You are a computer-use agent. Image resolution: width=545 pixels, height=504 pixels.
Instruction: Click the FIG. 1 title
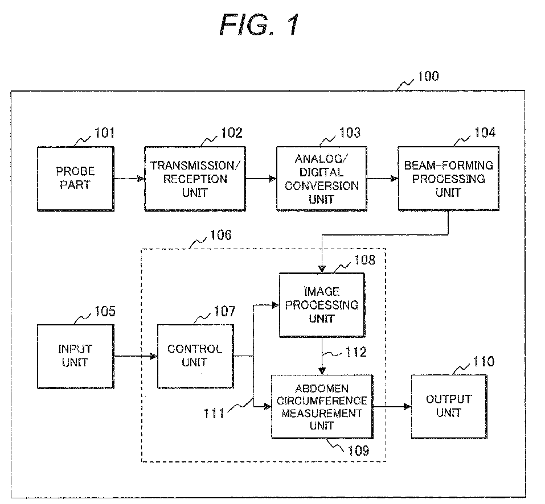click(259, 24)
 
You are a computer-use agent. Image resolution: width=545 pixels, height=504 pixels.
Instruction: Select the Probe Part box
click(75, 179)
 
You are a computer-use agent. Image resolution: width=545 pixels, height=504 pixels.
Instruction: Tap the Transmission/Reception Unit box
click(195, 179)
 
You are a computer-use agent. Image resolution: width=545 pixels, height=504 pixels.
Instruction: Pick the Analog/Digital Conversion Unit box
click(322, 179)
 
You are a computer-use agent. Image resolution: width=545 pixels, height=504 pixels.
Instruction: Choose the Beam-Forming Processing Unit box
click(448, 179)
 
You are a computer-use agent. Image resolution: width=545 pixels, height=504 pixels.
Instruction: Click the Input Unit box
click(75, 356)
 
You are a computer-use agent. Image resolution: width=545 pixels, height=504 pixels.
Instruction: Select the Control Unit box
click(195, 356)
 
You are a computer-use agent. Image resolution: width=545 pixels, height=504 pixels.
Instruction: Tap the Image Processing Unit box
click(322, 305)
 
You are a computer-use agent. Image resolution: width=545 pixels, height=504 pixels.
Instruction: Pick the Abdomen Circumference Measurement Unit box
click(322, 407)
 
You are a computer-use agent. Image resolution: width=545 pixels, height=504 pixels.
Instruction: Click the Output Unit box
click(449, 407)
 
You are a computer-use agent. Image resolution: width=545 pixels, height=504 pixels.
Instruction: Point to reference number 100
click(428, 76)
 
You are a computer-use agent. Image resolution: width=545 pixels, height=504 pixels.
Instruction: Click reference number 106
click(221, 236)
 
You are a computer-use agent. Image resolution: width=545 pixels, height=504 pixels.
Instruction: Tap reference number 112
click(356, 352)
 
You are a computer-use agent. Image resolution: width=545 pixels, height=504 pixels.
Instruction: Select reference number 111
click(214, 414)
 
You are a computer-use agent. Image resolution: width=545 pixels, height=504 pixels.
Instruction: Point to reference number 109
click(358, 451)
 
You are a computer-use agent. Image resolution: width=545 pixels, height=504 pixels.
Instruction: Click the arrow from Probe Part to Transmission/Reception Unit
click(129, 179)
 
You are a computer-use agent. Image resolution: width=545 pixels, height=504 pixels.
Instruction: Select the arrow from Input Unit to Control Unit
click(136, 356)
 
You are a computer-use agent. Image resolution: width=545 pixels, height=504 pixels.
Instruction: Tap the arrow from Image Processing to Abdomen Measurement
click(322, 356)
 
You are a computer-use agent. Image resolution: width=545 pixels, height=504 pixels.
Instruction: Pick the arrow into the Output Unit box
click(392, 407)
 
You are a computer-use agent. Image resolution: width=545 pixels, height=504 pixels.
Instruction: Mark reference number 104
click(485, 133)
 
